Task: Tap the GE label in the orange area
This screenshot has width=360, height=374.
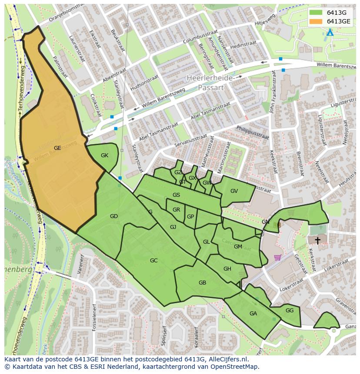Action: (x=57, y=148)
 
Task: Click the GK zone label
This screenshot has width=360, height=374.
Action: (x=104, y=156)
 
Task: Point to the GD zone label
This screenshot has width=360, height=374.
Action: (x=114, y=216)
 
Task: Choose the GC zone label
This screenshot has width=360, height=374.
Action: (x=153, y=261)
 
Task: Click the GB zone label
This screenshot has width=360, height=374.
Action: (x=202, y=283)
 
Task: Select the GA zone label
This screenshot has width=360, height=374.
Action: (x=253, y=314)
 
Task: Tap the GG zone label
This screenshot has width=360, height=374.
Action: (x=290, y=311)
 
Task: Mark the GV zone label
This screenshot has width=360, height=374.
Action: (x=234, y=191)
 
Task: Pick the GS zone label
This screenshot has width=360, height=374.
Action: (x=176, y=195)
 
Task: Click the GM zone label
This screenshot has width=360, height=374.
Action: (x=238, y=247)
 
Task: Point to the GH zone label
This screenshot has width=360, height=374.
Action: (x=227, y=269)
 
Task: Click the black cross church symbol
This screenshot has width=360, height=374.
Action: (x=317, y=240)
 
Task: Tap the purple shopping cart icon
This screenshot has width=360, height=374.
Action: (x=277, y=257)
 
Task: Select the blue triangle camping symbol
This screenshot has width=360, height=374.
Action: (x=330, y=33)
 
